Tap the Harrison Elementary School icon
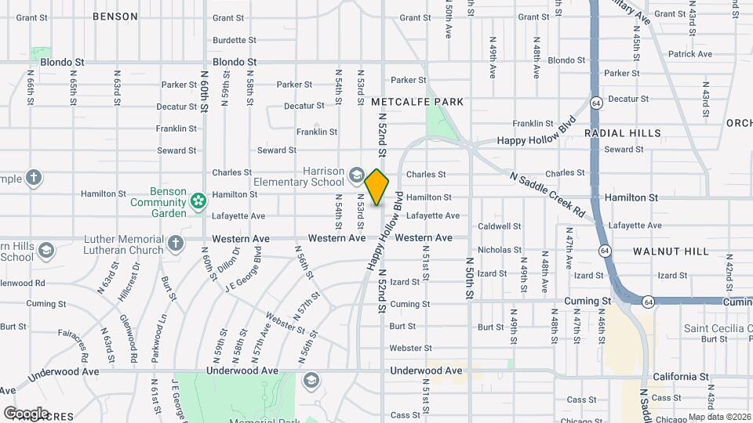click(x=357, y=174)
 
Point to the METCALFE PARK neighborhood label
click(x=417, y=102)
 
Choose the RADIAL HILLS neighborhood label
click(x=622, y=133)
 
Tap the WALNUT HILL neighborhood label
click(x=671, y=251)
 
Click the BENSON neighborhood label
click(x=115, y=16)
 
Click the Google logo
click(x=26, y=413)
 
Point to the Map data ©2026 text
click(x=718, y=417)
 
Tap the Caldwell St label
click(x=500, y=226)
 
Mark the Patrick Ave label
click(x=689, y=54)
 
